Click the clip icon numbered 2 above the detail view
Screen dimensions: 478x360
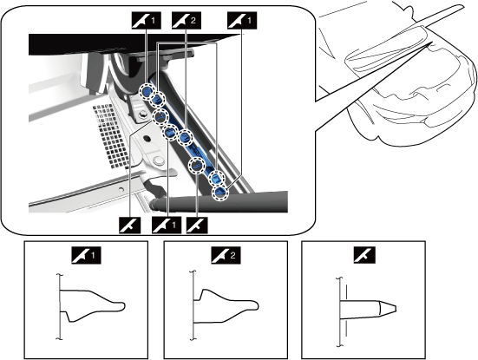click(x=187, y=21)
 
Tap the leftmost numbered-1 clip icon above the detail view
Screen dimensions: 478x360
click(x=146, y=21)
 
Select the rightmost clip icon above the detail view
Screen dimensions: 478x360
click(x=242, y=21)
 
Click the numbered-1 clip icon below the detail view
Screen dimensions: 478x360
click(x=167, y=225)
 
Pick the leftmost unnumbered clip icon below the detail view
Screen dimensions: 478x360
click(x=130, y=225)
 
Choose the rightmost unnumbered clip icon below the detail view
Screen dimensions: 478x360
click(x=197, y=225)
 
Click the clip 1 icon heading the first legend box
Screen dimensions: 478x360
click(x=86, y=255)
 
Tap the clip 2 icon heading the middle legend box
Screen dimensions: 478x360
click(x=226, y=255)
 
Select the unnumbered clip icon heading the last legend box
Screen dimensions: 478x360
click(x=364, y=255)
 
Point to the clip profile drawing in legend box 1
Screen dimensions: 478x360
click(x=91, y=305)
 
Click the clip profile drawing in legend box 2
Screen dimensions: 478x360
click(x=225, y=304)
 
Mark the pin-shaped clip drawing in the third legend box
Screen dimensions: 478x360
click(x=366, y=311)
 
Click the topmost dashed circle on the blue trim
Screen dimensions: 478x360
click(x=147, y=91)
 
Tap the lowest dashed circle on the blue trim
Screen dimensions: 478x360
click(x=220, y=193)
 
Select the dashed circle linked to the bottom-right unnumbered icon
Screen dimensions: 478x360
click(x=197, y=167)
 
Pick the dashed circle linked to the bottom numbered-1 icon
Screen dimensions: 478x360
click(x=170, y=133)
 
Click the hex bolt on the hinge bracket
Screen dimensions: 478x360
click(x=142, y=115)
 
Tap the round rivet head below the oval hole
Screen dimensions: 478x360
click(x=158, y=160)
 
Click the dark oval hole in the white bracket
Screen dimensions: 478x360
click(x=147, y=139)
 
